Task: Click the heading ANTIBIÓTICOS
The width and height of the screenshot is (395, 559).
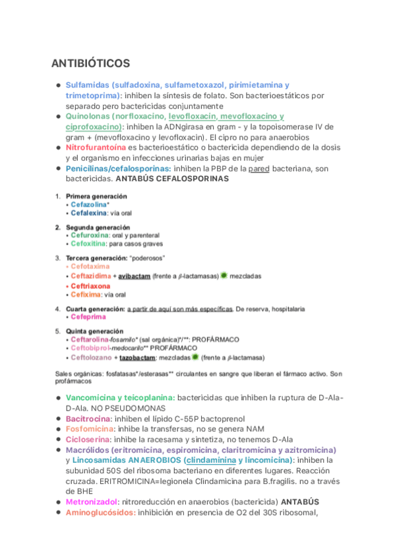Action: click(x=90, y=63)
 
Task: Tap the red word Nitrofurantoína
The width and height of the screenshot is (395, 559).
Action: click(x=96, y=148)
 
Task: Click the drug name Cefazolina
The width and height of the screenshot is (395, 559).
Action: click(x=88, y=205)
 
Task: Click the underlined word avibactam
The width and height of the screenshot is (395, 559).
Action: click(x=135, y=276)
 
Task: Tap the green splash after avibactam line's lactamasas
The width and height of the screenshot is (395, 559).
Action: click(x=224, y=276)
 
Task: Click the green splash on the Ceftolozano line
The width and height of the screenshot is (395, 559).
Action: click(x=195, y=357)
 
